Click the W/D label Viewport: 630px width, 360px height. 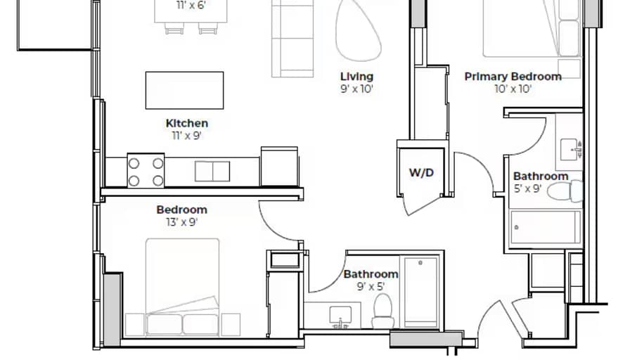[421, 173]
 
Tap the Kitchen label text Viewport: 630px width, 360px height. [187, 123]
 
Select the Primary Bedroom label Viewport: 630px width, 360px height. [513, 77]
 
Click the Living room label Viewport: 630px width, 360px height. [356, 77]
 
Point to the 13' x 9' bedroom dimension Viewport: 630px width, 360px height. [182, 222]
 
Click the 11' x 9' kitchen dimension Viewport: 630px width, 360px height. [187, 136]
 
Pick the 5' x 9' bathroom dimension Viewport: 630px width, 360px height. [528, 188]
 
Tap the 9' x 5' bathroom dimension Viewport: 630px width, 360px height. [371, 286]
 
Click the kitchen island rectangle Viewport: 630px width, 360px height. [184, 91]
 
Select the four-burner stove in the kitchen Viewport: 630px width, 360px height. [146, 170]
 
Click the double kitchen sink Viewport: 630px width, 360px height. [212, 172]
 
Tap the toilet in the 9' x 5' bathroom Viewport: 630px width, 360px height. [383, 311]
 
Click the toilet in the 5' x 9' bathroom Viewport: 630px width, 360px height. [565, 191]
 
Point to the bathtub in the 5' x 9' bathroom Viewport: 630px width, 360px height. [545, 227]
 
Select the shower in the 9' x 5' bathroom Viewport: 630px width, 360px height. [420, 292]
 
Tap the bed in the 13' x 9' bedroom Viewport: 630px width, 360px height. [182, 287]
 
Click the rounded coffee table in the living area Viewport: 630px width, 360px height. [358, 30]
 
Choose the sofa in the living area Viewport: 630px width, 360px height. [292, 39]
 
